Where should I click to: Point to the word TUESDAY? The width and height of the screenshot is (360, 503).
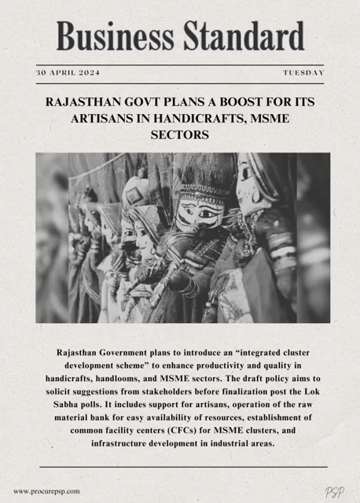[x=303, y=72]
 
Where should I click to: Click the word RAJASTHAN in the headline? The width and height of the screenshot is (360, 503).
[x=87, y=102]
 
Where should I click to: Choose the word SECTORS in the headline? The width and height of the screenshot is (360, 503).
[x=181, y=135]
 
